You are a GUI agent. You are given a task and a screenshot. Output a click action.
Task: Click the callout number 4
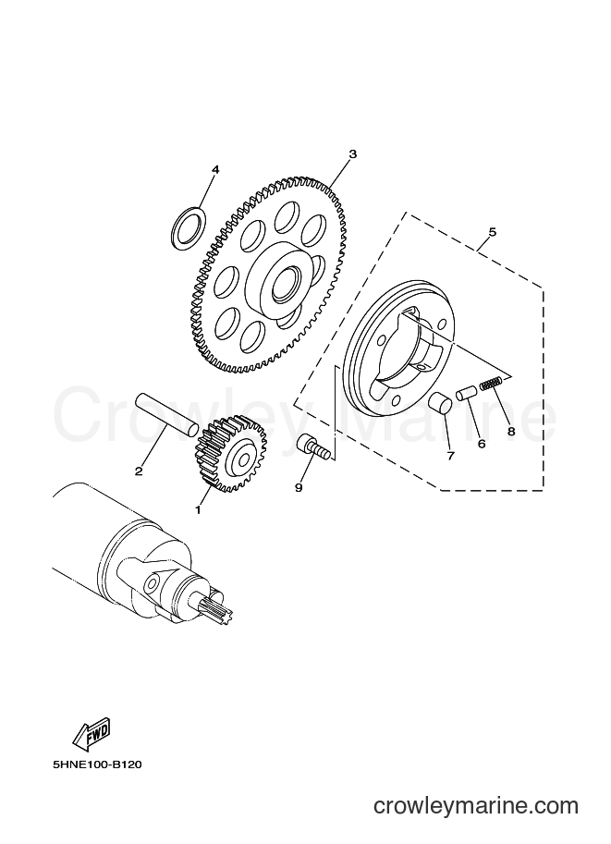point(215,169)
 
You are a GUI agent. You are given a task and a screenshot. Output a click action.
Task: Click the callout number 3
point(352,154)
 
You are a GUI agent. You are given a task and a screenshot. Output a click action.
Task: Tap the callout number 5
point(492,232)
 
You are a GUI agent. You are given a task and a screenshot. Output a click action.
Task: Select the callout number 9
point(299,487)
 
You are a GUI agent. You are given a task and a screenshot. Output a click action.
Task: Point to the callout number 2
point(139,471)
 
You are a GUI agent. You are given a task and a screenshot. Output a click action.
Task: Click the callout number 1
point(198,509)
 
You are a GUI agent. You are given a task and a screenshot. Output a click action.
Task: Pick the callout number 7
point(450,456)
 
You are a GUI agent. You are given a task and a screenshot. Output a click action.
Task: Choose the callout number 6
point(482,444)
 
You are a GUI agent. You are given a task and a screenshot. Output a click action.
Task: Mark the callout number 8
point(511,431)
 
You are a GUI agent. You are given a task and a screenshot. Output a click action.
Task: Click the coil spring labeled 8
point(491,384)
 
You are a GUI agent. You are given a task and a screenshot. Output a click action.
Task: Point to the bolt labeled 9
point(312,446)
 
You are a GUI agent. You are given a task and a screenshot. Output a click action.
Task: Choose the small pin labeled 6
point(465,392)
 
